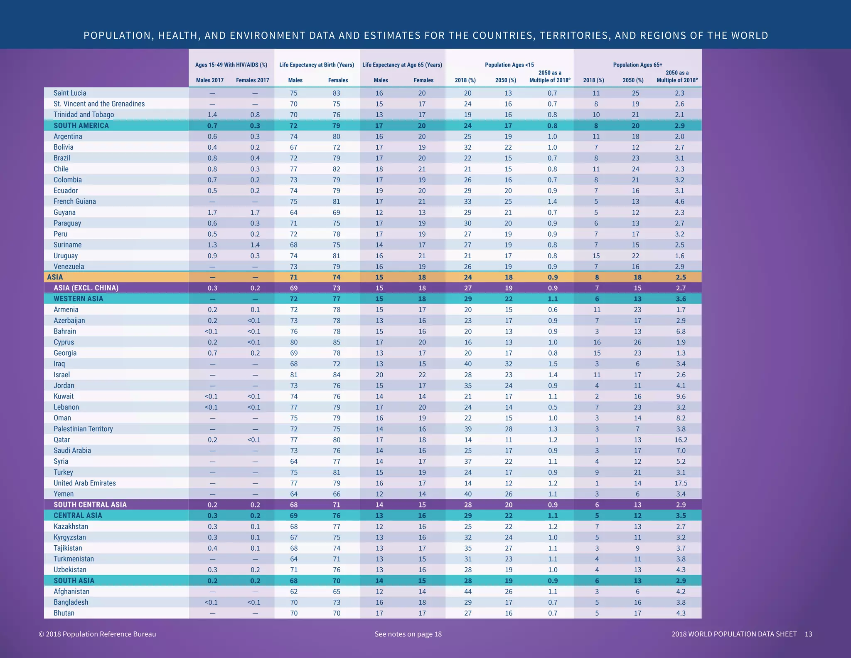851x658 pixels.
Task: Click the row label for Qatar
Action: click(x=61, y=440)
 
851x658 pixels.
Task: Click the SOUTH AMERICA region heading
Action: click(x=81, y=126)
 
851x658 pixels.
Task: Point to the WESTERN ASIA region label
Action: click(x=78, y=299)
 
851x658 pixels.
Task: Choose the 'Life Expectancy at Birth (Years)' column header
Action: click(x=317, y=65)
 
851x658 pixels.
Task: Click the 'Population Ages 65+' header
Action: click(x=637, y=65)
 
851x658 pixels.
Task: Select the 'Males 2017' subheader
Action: click(x=210, y=80)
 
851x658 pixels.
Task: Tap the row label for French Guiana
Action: click(x=75, y=201)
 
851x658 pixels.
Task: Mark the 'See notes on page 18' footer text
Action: click(x=408, y=634)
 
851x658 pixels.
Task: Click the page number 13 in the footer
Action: click(x=808, y=634)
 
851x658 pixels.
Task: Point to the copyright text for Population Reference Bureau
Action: click(x=97, y=634)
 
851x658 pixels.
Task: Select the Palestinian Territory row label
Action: click(x=83, y=429)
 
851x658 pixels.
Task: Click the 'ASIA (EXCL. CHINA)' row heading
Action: click(x=86, y=288)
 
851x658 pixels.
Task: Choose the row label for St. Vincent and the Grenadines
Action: click(x=99, y=104)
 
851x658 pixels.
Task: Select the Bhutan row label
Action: click(x=64, y=613)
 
